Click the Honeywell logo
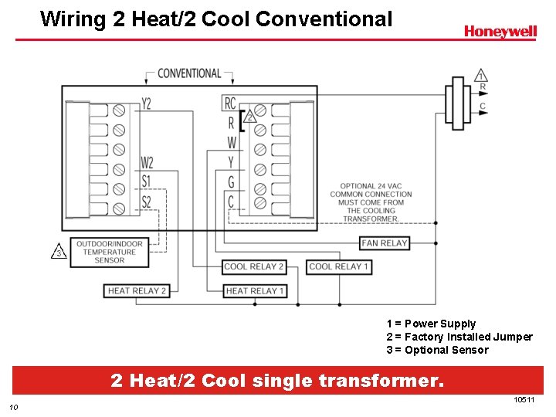pyautogui.click(x=500, y=32)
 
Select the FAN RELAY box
pyautogui.click(x=384, y=243)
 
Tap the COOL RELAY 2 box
pyautogui.click(x=254, y=266)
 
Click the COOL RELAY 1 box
pyautogui.click(x=339, y=266)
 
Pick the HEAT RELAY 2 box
pyautogui.click(x=137, y=291)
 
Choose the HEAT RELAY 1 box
pyautogui.click(x=255, y=291)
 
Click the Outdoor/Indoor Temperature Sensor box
pyautogui.click(x=109, y=253)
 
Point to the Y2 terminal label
pyautogui.click(x=147, y=103)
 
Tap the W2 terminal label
pyautogui.click(x=147, y=163)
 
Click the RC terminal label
pyautogui.click(x=230, y=103)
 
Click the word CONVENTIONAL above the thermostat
pyautogui.click(x=189, y=73)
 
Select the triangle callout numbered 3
pyautogui.click(x=59, y=252)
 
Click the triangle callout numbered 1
pyautogui.click(x=480, y=76)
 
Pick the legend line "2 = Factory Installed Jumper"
pyautogui.click(x=459, y=337)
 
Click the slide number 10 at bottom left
pyautogui.click(x=13, y=408)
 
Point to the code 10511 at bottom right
pyautogui.click(x=524, y=399)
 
